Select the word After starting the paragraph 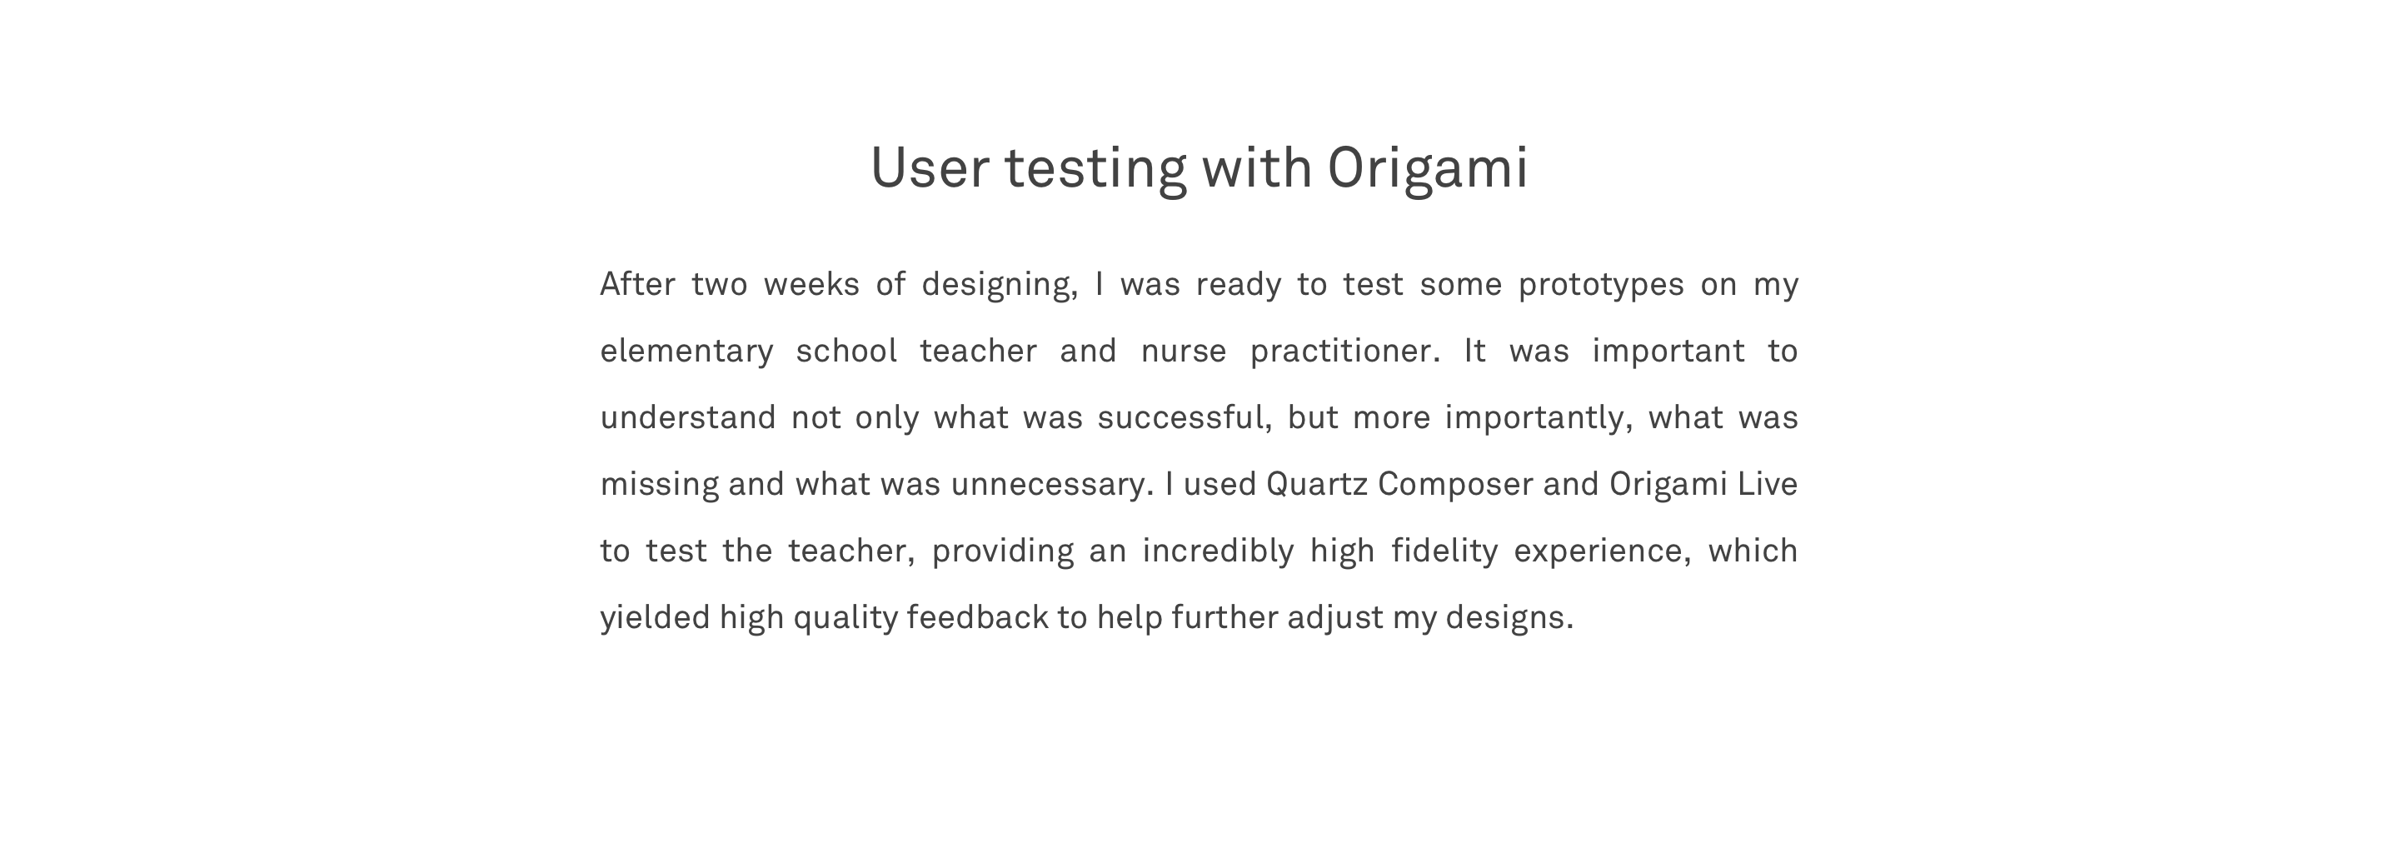637,284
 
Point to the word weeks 811,284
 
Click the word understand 687,417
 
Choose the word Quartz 1317,484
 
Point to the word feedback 978,617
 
